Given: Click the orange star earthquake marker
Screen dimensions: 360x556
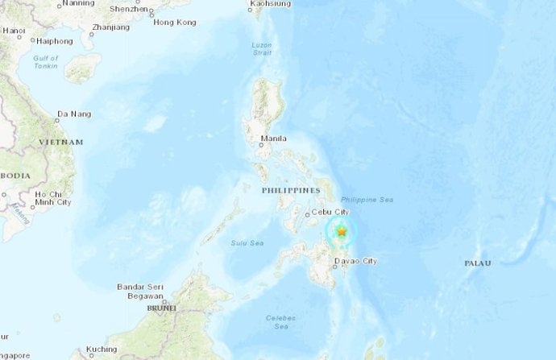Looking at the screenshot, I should click(x=342, y=232).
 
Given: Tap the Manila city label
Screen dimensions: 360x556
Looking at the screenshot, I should click(x=274, y=139).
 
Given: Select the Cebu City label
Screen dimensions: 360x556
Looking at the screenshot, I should click(x=330, y=212).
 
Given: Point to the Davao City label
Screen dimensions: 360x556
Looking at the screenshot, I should click(x=358, y=261).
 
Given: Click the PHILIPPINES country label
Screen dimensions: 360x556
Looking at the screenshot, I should click(x=290, y=190).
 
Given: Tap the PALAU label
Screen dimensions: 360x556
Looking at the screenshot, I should click(x=478, y=263).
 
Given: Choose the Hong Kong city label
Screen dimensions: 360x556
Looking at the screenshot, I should click(x=174, y=23).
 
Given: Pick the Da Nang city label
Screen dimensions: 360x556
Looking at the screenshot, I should click(x=74, y=115).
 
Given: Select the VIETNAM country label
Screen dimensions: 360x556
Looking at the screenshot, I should click(x=60, y=142).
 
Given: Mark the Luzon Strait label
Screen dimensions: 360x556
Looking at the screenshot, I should click(x=260, y=49).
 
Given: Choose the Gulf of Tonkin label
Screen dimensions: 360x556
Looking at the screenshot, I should click(x=47, y=63).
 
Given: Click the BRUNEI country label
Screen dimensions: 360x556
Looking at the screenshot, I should click(x=161, y=308).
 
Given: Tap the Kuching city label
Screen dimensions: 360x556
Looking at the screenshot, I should click(x=102, y=349).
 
